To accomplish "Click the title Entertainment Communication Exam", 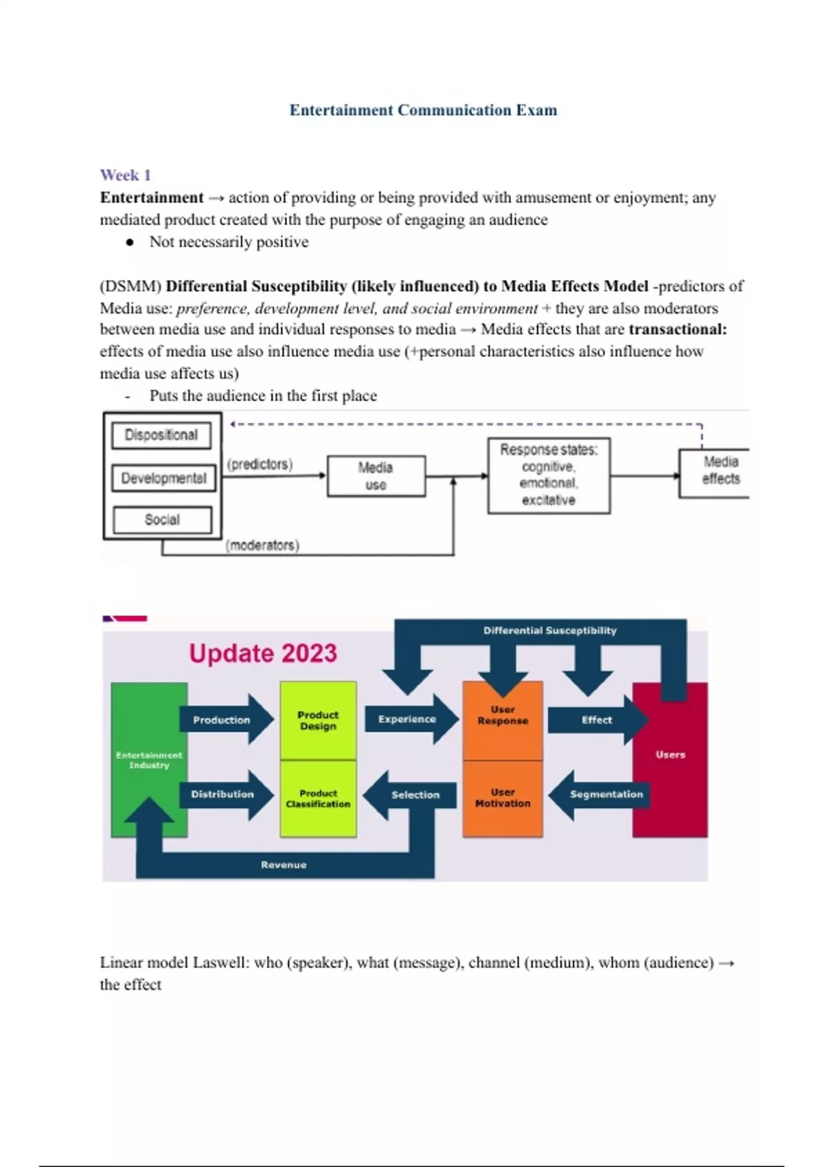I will (423, 110).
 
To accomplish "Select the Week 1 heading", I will (125, 175).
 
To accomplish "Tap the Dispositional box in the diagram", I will (161, 435).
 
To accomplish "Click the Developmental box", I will (163, 478).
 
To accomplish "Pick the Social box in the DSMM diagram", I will (162, 520).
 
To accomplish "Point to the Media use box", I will (376, 476).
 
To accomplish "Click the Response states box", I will (549, 475).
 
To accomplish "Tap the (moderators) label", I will (262, 546).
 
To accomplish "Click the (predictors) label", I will (260, 465).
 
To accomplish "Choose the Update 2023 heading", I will (263, 653).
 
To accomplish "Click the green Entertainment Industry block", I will (149, 759).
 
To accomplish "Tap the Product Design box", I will (318, 720).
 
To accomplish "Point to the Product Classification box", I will (318, 798).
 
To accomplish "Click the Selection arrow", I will (413, 795).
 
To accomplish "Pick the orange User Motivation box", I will (503, 798).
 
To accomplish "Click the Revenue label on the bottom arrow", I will (284, 865).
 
